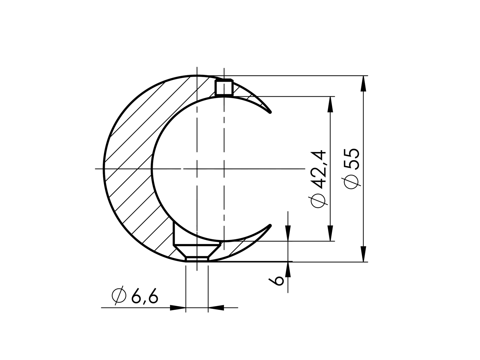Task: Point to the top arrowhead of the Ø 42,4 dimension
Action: click(x=330, y=104)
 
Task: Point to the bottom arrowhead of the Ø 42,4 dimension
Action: click(x=330, y=233)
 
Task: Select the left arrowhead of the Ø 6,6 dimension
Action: click(x=178, y=308)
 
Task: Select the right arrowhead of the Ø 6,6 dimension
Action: click(x=216, y=308)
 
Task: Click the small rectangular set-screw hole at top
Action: click(x=224, y=88)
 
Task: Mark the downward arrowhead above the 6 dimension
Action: click(x=288, y=233)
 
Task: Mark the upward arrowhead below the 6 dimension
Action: click(x=288, y=270)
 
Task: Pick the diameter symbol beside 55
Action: click(x=351, y=181)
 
